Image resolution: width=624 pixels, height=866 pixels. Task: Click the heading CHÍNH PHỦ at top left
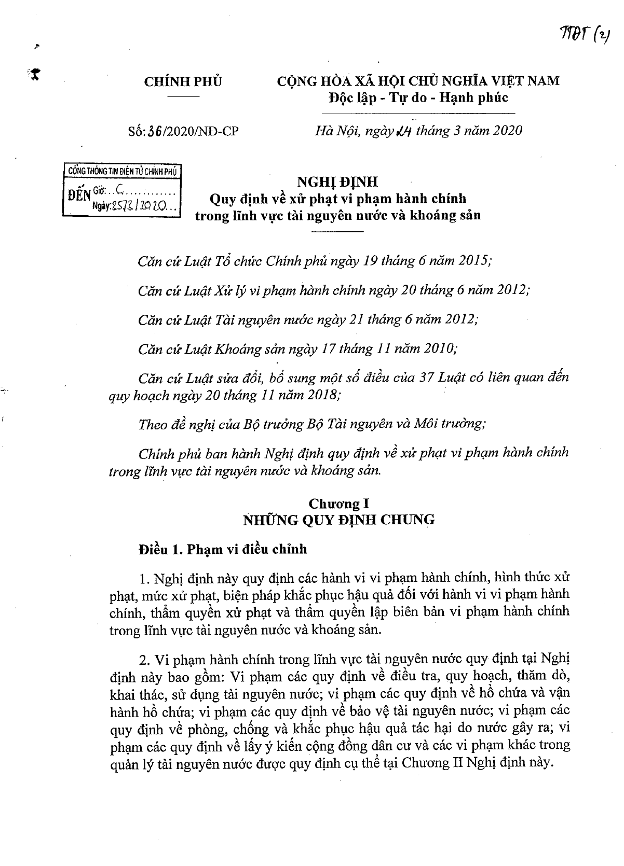(183, 81)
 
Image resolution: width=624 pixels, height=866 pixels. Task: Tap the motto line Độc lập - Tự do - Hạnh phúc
(418, 97)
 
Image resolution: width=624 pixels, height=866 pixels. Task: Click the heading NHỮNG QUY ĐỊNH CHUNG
(338, 520)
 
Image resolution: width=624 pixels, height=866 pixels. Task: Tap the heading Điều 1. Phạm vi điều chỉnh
(223, 549)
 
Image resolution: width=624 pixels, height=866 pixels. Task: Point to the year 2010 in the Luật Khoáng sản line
(439, 348)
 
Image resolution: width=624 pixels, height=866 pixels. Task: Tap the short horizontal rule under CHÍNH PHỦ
(183, 97)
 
